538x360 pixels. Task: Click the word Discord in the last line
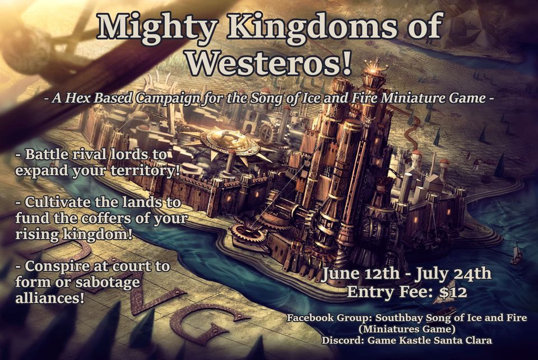(342, 340)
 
